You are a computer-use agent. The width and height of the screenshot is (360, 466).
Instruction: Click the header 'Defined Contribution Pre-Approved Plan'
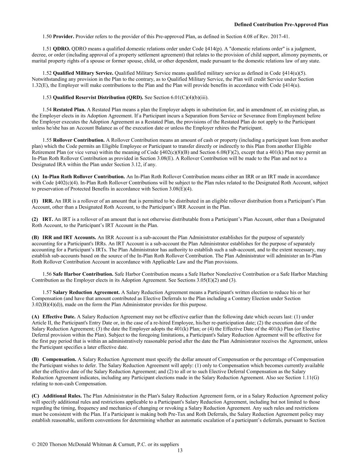[x=281, y=25]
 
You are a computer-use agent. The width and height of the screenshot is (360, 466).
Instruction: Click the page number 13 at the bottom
[x=180, y=450]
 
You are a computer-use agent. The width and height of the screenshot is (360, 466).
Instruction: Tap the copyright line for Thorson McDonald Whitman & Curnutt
[x=105, y=444]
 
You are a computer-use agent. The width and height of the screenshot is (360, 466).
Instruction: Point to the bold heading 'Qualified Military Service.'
[x=83, y=73]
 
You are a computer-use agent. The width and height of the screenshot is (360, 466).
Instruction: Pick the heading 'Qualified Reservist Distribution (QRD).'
[x=98, y=98]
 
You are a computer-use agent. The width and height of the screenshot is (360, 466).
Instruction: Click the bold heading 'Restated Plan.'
[x=69, y=110]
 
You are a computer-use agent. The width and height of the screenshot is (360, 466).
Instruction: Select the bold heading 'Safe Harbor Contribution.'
[x=83, y=274]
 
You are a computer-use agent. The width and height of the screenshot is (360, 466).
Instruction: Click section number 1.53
[x=47, y=98]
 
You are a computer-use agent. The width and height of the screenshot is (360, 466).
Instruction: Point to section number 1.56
[x=47, y=274]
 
